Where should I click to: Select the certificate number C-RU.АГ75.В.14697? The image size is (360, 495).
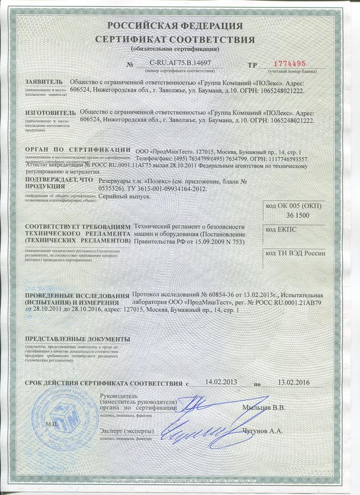click(180, 63)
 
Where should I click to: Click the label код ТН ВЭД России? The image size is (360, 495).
click(296, 253)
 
